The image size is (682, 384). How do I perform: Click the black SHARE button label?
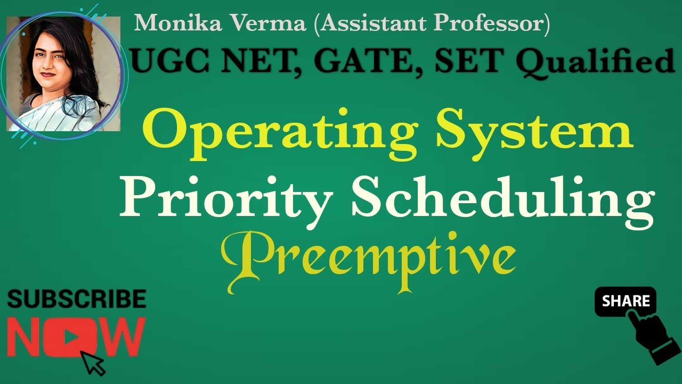pyautogui.click(x=626, y=301)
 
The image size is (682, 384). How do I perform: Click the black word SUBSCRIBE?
pyautogui.click(x=77, y=299)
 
